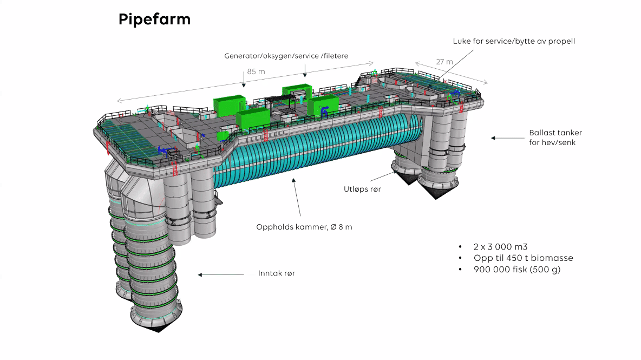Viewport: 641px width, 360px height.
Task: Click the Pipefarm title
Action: click(154, 20)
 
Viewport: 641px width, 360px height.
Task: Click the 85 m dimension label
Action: click(256, 71)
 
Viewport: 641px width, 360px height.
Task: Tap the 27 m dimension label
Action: click(445, 62)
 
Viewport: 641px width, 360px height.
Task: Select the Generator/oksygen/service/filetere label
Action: click(286, 56)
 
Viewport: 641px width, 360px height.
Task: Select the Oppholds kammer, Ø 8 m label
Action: click(304, 227)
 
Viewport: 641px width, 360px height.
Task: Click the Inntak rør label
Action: click(277, 273)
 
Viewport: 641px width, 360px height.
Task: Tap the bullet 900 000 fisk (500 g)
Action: click(516, 270)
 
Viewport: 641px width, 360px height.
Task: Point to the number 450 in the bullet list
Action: click(513, 258)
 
